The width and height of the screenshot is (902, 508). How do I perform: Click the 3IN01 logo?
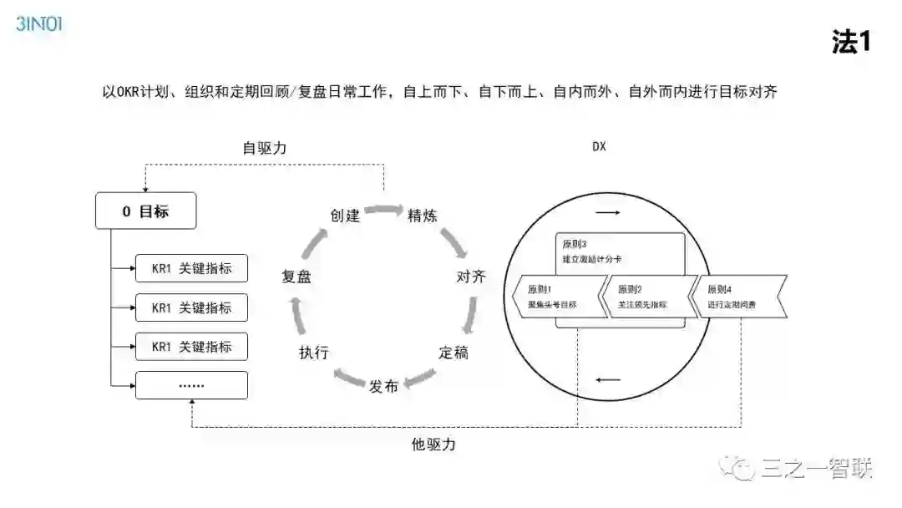tap(39, 23)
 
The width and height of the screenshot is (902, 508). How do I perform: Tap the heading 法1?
tap(850, 42)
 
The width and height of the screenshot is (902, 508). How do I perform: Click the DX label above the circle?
tap(599, 147)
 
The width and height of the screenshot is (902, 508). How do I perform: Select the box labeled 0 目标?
tap(145, 211)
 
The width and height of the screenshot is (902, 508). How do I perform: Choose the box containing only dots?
tap(191, 385)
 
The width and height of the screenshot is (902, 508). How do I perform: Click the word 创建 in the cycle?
tap(345, 216)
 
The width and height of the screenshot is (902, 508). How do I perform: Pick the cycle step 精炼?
tap(422, 216)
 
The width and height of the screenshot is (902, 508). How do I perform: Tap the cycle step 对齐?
tap(470, 277)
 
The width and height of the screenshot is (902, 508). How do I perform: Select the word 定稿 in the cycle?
tap(454, 352)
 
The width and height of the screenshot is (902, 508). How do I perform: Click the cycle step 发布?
tap(383, 386)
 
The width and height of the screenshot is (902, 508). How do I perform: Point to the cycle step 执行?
tap(313, 352)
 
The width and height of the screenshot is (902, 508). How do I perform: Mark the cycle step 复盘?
tap(296, 277)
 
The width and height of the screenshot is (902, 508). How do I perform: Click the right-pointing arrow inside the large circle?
tap(608, 213)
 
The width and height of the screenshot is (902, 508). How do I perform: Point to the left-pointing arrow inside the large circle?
tap(608, 381)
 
